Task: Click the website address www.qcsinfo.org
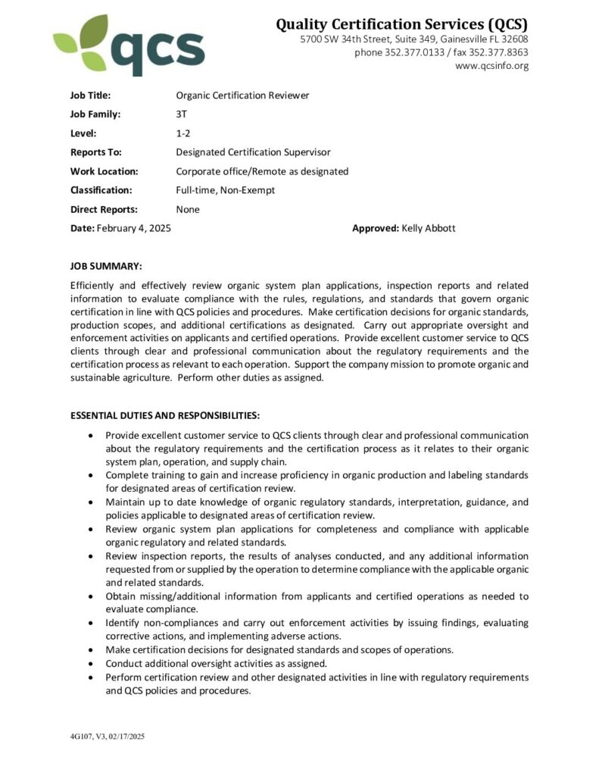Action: click(491, 66)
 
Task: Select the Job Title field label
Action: click(90, 95)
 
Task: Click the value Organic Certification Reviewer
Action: click(242, 95)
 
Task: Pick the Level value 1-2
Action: click(183, 133)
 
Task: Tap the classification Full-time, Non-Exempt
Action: click(225, 190)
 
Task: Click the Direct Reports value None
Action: click(188, 209)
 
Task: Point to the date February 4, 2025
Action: click(133, 228)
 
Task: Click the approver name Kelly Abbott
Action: click(429, 228)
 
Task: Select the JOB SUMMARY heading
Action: click(106, 266)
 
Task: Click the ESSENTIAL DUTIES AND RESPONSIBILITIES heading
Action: click(165, 415)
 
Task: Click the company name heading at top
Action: click(401, 25)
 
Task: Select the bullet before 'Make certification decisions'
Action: click(92, 650)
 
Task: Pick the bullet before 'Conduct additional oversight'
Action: click(92, 664)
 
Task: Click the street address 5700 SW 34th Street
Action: click(356, 39)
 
